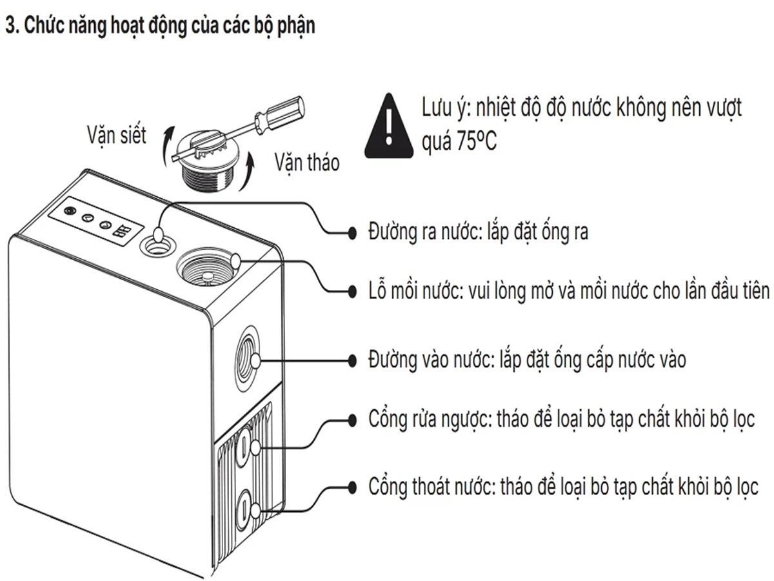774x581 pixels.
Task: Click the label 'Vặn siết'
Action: coord(117,136)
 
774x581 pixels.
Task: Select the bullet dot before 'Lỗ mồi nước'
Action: coord(352,290)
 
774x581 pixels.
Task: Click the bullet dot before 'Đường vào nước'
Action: coord(352,360)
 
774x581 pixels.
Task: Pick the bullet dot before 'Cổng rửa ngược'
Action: coord(352,419)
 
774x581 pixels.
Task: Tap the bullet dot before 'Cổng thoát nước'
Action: coord(352,485)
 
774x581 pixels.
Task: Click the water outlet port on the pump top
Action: coord(157,243)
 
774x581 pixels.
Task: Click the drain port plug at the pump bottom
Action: coord(246,505)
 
